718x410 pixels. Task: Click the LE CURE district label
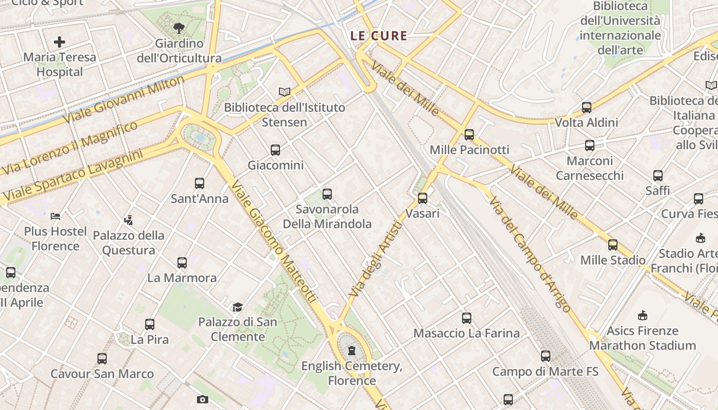[378, 36]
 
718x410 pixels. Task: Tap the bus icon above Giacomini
[275, 150]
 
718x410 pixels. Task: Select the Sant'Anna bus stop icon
[200, 183]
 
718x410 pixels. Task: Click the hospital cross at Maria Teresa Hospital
[59, 42]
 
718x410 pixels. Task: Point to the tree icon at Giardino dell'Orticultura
[179, 28]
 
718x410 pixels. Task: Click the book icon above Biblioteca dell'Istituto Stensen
[285, 92]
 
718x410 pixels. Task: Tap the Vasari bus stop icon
[423, 198]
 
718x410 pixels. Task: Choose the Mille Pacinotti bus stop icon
[469, 135]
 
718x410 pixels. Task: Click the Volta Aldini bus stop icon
[587, 108]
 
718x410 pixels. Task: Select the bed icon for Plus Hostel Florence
[55, 216]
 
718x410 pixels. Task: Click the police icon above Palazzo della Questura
[128, 220]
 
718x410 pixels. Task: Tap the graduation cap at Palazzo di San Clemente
[237, 307]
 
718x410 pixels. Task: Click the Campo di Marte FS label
[545, 372]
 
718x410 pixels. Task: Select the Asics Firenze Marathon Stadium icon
[643, 316]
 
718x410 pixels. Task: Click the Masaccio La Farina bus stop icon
[467, 318]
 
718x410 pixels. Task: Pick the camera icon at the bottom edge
[203, 400]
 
